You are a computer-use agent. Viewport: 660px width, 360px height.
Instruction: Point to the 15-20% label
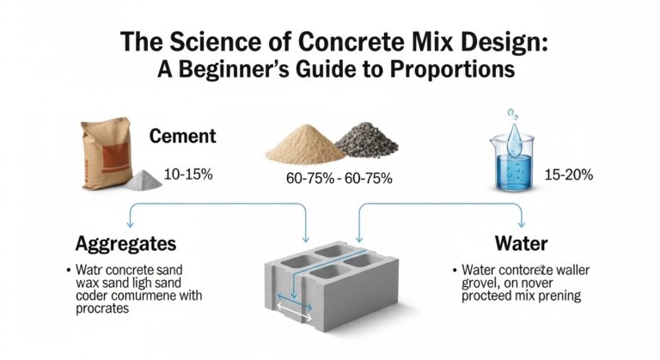click(x=568, y=174)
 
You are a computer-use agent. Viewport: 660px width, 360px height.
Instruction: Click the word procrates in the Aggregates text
click(x=102, y=309)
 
